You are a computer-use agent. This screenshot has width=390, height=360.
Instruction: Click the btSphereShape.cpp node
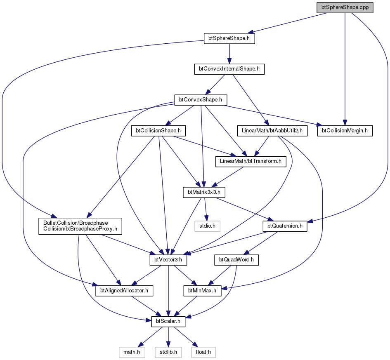tap(345, 8)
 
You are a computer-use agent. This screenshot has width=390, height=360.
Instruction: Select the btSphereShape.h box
tap(229, 38)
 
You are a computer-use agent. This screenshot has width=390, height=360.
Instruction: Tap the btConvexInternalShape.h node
tap(229, 69)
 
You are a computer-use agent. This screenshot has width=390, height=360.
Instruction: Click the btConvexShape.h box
tap(201, 100)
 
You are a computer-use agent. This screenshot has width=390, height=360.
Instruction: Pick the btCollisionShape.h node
tap(158, 131)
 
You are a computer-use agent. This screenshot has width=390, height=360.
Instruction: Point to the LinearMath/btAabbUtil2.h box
tap(272, 131)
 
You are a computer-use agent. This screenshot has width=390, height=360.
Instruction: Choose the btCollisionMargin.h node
tap(345, 131)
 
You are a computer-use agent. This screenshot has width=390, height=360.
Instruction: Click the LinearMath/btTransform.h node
tap(251, 162)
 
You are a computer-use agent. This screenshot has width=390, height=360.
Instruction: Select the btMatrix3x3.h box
tap(204, 192)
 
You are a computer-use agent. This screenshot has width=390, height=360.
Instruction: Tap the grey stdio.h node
tap(208, 226)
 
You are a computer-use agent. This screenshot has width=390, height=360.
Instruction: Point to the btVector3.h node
tap(168, 260)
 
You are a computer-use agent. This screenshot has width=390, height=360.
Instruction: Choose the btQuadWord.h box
tap(236, 260)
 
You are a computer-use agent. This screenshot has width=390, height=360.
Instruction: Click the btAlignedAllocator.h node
tap(124, 291)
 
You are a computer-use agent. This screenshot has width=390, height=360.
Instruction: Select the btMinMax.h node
tap(203, 291)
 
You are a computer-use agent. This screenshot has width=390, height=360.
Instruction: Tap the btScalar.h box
tap(168, 322)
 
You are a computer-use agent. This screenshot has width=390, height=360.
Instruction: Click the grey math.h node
tap(132, 352)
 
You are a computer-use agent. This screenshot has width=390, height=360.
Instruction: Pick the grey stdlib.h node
tap(168, 352)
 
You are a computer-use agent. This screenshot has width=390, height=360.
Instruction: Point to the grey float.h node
tap(203, 352)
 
